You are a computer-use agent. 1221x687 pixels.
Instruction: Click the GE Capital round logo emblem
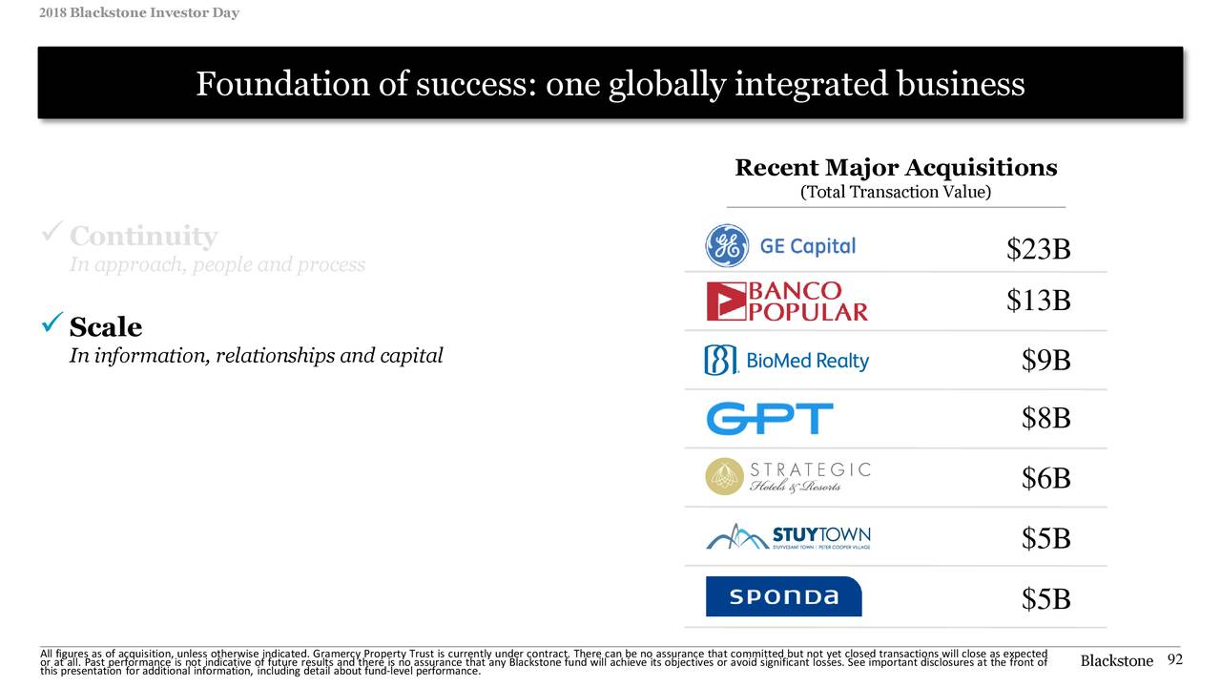(727, 246)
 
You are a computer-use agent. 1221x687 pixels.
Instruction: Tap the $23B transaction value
(1038, 250)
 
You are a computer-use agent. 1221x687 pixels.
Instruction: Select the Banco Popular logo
(787, 302)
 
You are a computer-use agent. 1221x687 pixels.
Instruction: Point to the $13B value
(1038, 302)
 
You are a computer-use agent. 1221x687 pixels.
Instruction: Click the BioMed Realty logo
(787, 361)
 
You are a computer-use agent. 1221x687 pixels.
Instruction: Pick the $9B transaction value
(1045, 361)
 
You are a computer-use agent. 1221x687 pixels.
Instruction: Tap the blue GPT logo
(769, 419)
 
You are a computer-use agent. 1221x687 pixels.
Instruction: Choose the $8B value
(1045, 419)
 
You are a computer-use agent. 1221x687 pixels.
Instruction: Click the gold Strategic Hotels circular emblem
(724, 477)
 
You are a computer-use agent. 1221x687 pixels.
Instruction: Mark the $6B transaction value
(1045, 479)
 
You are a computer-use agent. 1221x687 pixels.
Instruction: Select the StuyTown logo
(788, 537)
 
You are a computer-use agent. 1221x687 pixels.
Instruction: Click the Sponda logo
(783, 597)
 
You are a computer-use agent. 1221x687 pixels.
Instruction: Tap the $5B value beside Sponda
(1045, 599)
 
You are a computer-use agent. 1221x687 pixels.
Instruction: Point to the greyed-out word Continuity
(143, 236)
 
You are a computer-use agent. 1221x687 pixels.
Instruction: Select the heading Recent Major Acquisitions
(896, 169)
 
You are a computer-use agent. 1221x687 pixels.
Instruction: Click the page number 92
(1174, 660)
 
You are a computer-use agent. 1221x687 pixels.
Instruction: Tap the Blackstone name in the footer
(1116, 661)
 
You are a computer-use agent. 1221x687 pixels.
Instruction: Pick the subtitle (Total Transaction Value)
(896, 193)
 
